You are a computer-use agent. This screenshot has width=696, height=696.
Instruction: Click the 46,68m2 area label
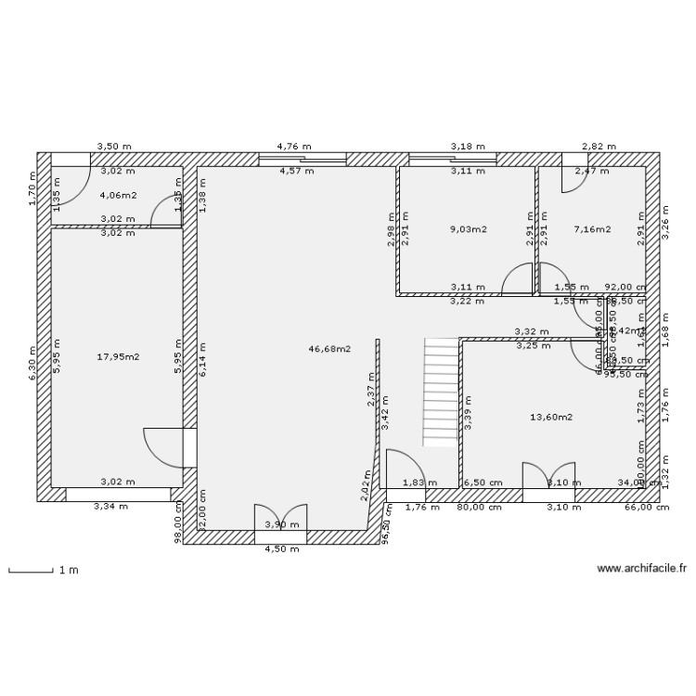click(x=329, y=349)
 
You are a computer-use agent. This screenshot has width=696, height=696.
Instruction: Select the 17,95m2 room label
click(x=118, y=356)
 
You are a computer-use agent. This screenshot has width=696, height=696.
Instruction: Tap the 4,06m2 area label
click(x=118, y=196)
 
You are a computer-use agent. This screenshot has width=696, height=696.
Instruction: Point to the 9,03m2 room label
click(x=469, y=229)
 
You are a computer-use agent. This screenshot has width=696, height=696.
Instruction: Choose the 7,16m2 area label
click(x=592, y=229)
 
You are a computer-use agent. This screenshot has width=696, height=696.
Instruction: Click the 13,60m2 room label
click(x=551, y=417)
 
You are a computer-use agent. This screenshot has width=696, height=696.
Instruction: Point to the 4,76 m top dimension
click(x=294, y=147)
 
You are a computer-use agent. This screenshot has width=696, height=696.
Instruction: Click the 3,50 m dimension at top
click(x=115, y=147)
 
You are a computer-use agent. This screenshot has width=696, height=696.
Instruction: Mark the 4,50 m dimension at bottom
click(x=282, y=548)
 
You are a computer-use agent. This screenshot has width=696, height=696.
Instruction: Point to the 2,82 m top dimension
click(x=598, y=147)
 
